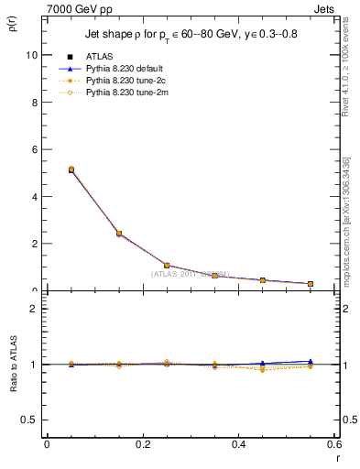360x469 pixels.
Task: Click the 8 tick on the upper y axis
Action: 34,103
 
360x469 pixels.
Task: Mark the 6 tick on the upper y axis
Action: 34,149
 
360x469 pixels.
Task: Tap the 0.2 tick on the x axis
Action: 142,444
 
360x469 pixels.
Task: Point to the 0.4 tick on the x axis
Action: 238,444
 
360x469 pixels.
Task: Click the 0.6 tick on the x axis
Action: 333,444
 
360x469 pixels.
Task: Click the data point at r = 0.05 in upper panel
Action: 71,169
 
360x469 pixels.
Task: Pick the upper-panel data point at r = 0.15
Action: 119,234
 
